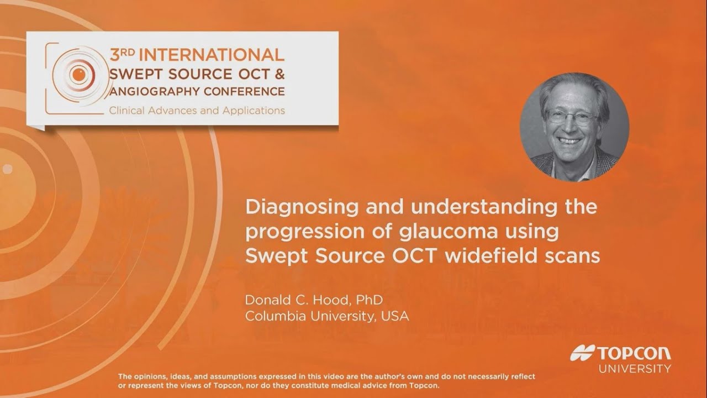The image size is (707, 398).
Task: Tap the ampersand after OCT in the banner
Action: coord(278,72)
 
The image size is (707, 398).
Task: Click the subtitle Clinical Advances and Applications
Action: coord(197,110)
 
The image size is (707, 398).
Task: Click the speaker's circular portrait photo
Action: coord(574,127)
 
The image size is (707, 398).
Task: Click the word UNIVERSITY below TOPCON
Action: coord(635,368)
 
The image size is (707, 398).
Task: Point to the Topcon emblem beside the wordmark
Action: coord(582,353)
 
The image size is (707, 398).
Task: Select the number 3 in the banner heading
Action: coord(115,55)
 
